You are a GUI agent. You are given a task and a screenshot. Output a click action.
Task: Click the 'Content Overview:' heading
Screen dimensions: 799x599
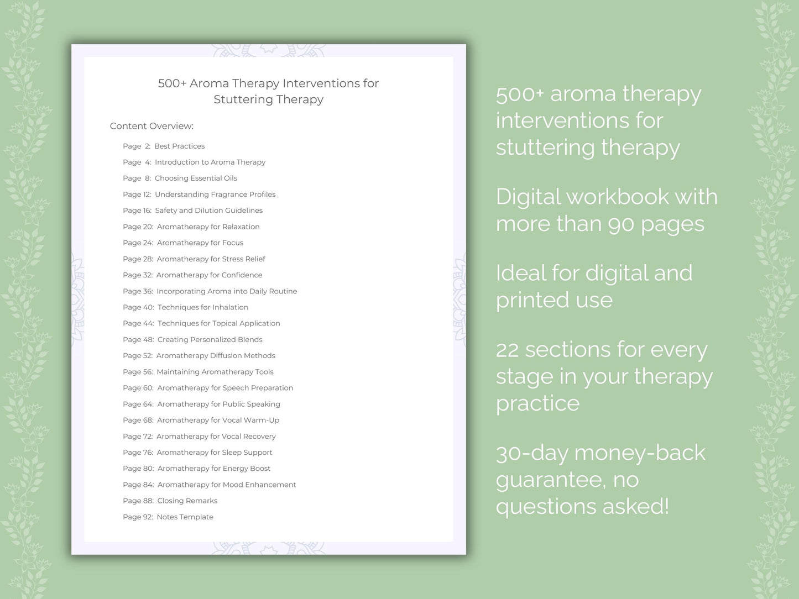[152, 126]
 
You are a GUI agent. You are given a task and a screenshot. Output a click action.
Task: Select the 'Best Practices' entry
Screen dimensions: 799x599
[180, 146]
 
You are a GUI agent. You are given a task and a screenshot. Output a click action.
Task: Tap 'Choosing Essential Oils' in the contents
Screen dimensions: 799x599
[196, 178]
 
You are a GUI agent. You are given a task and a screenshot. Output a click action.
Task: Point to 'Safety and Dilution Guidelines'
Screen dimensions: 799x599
[208, 210]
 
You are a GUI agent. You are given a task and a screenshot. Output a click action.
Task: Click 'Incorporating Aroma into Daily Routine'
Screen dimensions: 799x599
[227, 291]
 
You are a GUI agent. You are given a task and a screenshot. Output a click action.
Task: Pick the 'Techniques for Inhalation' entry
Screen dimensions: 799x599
[203, 307]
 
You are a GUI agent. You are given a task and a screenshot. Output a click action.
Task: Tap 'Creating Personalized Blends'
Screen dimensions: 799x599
[210, 339]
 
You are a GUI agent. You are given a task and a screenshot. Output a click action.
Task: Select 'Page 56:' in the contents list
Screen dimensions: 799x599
[138, 372]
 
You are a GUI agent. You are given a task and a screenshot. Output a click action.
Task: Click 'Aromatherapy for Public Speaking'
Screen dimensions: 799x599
[219, 404]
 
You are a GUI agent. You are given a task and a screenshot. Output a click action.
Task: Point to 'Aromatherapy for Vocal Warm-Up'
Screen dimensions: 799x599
[218, 420]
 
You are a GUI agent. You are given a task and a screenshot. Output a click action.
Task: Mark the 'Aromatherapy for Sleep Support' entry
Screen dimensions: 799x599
[215, 453]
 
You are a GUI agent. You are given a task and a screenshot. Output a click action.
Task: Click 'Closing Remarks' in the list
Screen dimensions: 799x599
[187, 501]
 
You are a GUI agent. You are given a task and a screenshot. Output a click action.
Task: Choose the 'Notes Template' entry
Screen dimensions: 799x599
[185, 517]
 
